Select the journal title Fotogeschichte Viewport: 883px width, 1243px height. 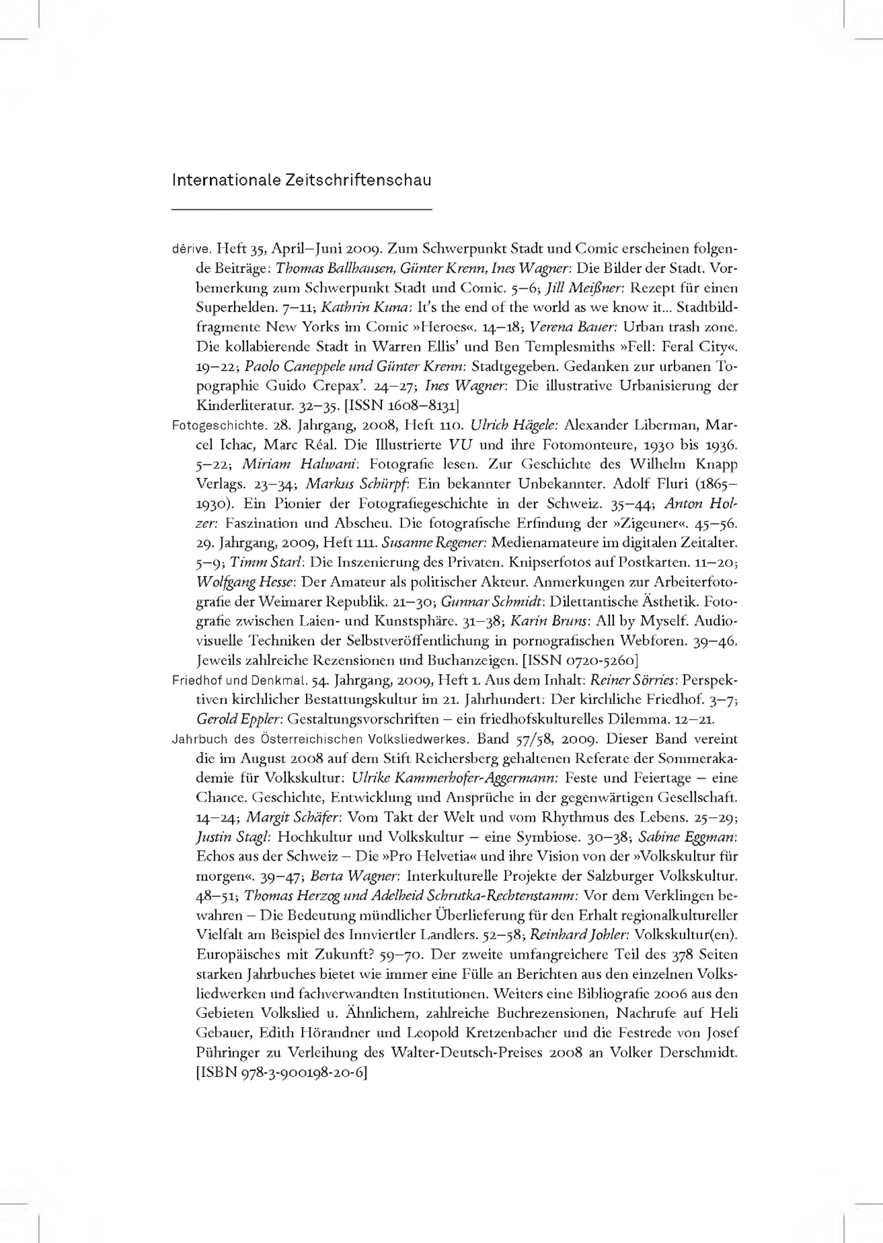[211, 425]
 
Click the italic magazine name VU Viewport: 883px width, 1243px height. [460, 444]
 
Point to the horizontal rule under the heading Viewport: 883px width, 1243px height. [301, 209]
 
